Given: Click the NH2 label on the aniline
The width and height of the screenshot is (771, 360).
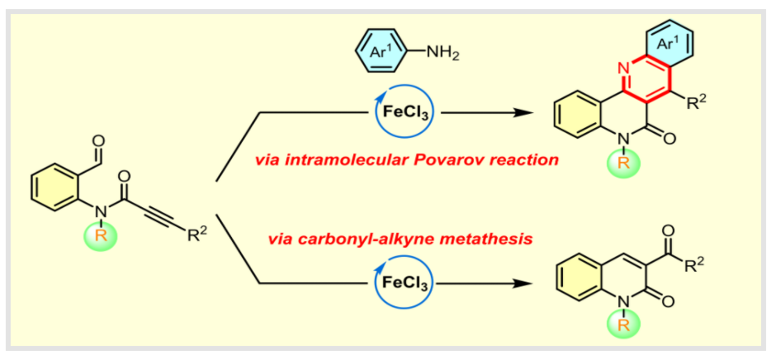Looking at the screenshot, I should pyautogui.click(x=443, y=54).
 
